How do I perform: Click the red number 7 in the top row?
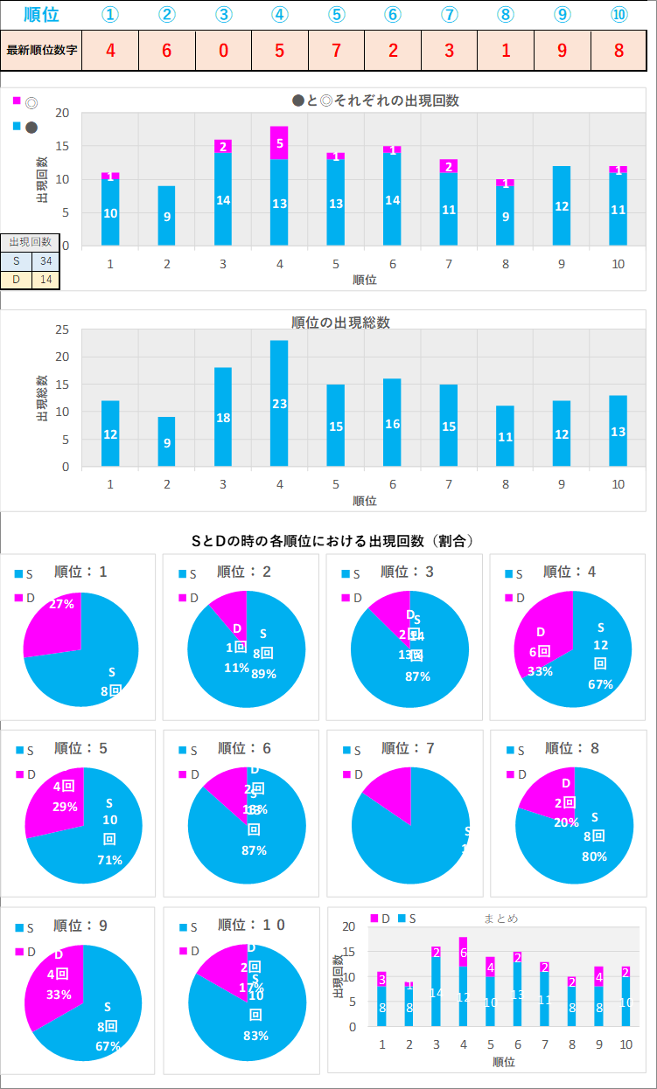(x=336, y=50)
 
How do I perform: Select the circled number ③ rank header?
(x=223, y=14)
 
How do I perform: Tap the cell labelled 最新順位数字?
(x=42, y=50)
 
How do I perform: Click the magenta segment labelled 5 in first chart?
(x=279, y=142)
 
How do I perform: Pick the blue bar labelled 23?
(x=279, y=403)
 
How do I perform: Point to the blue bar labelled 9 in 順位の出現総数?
(x=167, y=441)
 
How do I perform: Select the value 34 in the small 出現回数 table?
(x=45, y=260)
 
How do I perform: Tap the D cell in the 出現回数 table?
(x=16, y=280)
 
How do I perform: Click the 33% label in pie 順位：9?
(x=59, y=995)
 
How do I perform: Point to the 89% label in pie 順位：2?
(x=263, y=673)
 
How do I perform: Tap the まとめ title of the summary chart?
(x=500, y=918)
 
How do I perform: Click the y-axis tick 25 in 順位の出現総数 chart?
(x=61, y=329)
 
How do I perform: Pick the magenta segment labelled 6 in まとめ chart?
(x=463, y=952)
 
